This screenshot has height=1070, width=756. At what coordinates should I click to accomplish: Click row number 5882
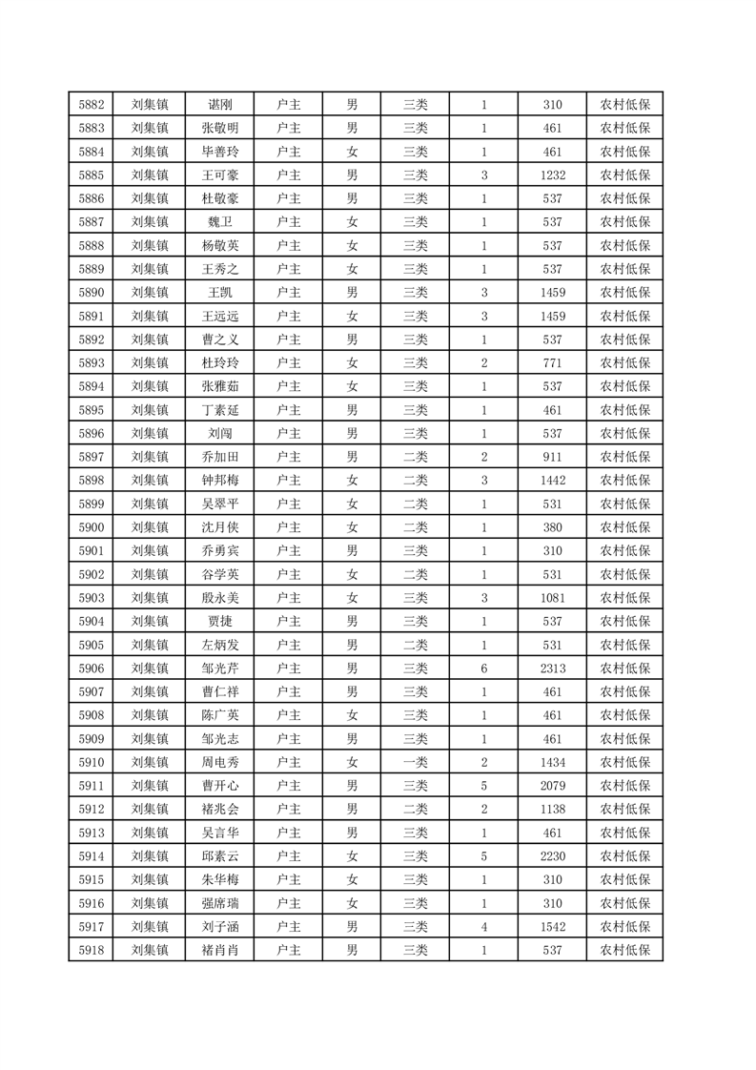click(x=92, y=105)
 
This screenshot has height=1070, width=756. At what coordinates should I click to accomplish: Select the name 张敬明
click(x=220, y=129)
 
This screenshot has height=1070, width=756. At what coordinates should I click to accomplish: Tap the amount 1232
click(x=552, y=175)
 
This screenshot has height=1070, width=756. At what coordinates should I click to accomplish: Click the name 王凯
click(x=220, y=293)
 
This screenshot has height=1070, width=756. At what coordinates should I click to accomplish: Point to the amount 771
click(x=552, y=363)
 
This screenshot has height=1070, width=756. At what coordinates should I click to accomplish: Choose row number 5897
click(x=92, y=457)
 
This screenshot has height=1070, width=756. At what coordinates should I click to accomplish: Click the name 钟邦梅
click(x=220, y=481)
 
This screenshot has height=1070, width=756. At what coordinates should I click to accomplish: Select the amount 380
click(x=552, y=527)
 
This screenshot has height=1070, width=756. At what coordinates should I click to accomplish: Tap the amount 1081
click(x=552, y=598)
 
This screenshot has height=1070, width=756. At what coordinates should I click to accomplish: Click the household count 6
click(x=484, y=669)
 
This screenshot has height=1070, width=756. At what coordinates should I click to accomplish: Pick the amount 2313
click(x=552, y=669)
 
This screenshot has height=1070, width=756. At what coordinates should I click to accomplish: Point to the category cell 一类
click(x=416, y=762)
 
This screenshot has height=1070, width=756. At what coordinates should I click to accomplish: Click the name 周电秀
click(x=220, y=762)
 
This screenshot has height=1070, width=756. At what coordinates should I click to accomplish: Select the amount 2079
click(x=552, y=786)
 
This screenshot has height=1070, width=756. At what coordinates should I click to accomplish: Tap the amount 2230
click(x=552, y=856)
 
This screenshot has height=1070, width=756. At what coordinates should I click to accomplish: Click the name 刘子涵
click(x=220, y=927)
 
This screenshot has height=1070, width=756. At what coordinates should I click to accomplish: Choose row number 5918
click(x=92, y=950)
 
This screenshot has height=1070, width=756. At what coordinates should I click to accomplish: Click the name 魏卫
click(x=220, y=222)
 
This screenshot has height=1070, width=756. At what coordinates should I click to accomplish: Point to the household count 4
click(x=484, y=927)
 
